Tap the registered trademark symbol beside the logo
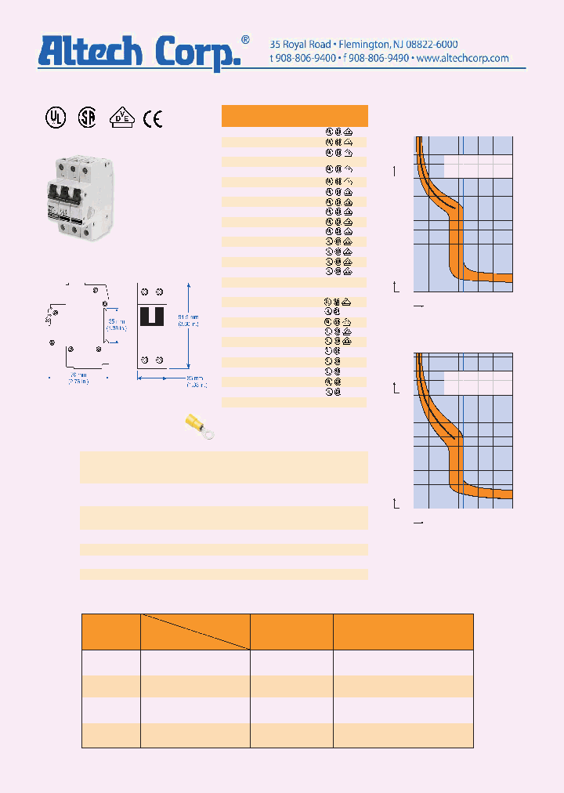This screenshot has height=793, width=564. pos(245,39)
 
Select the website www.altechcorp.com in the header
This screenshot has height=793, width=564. pos(462,59)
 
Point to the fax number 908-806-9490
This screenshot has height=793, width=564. pos(378,59)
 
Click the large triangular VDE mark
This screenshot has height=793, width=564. pos(121,118)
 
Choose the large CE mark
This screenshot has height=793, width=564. pos(153,118)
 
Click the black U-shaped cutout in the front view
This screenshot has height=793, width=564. pos(151,315)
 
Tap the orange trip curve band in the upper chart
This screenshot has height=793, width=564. pos(454,235)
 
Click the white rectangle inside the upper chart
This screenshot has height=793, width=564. pos(478,165)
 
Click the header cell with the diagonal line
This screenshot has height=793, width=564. pos(195,632)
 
